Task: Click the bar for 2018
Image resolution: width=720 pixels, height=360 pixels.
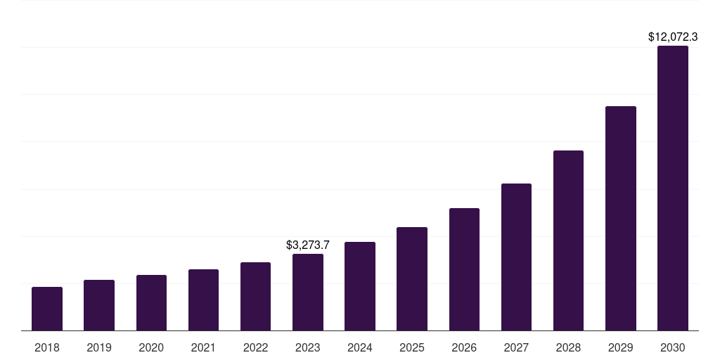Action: click(47, 309)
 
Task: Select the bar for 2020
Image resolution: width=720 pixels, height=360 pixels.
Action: click(151, 303)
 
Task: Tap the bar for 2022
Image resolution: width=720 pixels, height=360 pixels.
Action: click(255, 297)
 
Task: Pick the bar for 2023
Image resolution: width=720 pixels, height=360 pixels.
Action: click(308, 292)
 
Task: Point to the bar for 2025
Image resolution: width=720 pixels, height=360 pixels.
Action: click(412, 279)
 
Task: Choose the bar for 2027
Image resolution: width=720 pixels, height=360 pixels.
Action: click(516, 257)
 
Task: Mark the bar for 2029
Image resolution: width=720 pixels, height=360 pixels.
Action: click(620, 219)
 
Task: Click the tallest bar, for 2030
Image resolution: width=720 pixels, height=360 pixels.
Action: click(673, 188)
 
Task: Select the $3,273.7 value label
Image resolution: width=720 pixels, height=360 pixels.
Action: click(308, 245)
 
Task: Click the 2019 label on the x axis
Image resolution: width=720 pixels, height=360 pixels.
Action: click(99, 348)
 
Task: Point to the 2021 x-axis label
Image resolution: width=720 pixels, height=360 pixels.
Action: click(203, 348)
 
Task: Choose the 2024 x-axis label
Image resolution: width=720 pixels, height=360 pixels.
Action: click(360, 348)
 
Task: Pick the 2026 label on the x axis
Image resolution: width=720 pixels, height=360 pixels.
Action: click(464, 348)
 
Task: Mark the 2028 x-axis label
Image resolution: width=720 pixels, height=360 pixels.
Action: click(568, 348)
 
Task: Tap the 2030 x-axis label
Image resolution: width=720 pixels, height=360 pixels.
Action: click(673, 348)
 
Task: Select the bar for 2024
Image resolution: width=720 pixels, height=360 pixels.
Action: click(360, 286)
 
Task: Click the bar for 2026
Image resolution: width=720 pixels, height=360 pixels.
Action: click(464, 269)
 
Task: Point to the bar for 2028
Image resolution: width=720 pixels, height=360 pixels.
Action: click(568, 240)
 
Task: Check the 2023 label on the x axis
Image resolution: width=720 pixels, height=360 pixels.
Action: click(308, 348)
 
